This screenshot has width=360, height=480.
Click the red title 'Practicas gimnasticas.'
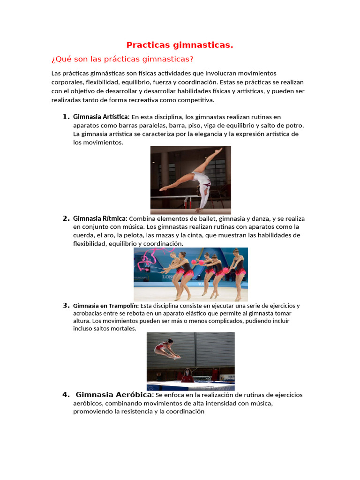(x=180, y=45)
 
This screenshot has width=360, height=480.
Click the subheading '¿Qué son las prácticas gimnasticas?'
(x=122, y=59)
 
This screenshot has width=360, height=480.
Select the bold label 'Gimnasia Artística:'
(x=101, y=117)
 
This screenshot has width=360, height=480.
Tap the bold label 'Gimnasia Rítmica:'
(x=100, y=218)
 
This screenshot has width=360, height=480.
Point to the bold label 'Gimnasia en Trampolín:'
(x=106, y=306)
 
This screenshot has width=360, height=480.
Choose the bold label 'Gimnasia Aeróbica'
(x=114, y=394)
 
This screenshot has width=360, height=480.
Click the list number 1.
(x=66, y=117)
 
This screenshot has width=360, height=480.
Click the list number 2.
(x=66, y=218)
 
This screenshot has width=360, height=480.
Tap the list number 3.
(x=66, y=306)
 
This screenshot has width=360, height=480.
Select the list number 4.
(x=66, y=394)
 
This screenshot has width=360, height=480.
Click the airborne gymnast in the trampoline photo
(x=166, y=349)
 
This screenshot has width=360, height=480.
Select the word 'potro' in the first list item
(x=293, y=125)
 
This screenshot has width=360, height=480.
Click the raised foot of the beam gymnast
(x=220, y=150)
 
